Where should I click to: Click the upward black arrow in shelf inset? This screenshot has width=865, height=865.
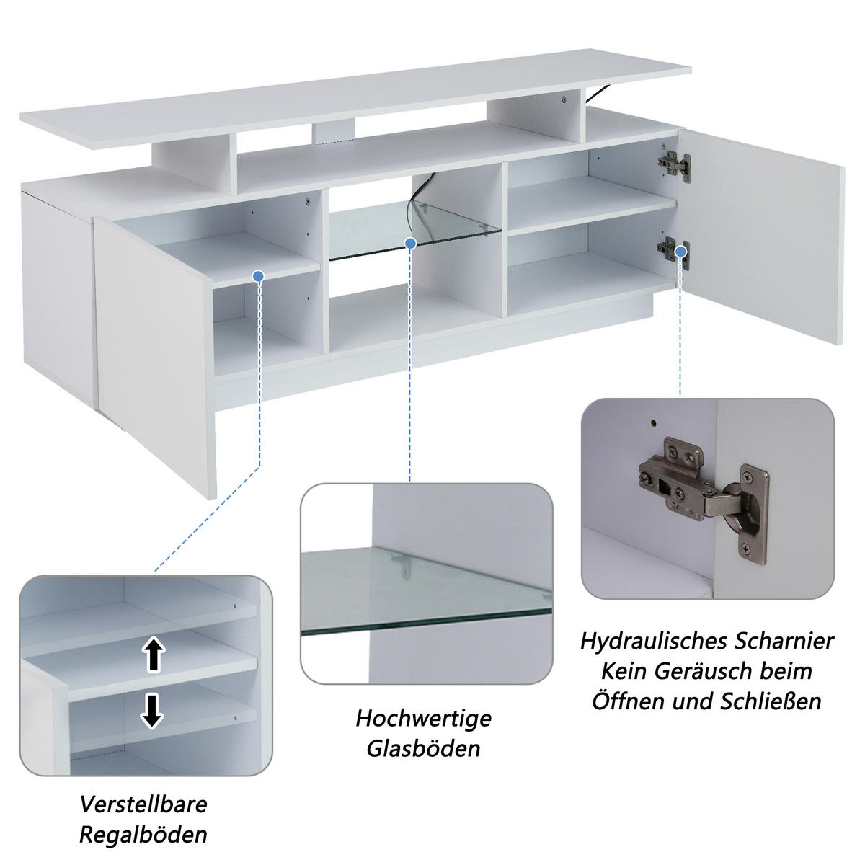coord(153,655)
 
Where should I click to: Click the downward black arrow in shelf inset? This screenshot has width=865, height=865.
coord(152,710)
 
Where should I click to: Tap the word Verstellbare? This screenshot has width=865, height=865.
coord(143,804)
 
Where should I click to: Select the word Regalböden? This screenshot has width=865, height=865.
coord(143,835)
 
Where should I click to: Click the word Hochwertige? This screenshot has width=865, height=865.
coord(424,718)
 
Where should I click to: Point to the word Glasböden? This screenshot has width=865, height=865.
coord(424,748)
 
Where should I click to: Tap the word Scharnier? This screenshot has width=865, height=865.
coord(784,640)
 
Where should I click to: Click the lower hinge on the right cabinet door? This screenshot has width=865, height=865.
coord(674,249)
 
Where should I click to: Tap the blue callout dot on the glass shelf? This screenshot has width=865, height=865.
coord(410,244)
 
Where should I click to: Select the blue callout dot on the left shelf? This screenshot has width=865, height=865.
coord(259,276)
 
